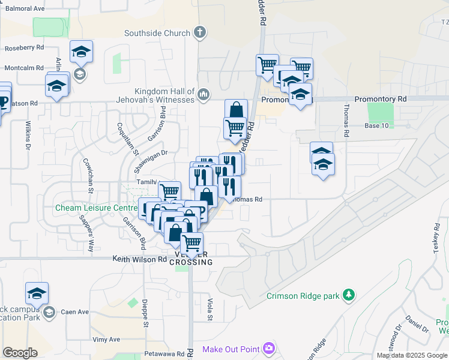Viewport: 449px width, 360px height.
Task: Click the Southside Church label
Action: (157, 33)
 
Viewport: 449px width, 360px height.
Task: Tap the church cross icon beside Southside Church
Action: (200, 32)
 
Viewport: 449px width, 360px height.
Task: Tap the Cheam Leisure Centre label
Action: (96, 208)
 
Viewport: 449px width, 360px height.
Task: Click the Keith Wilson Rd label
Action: (140, 259)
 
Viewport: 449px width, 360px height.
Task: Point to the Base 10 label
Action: (377, 125)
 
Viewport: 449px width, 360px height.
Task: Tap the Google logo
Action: (20, 353)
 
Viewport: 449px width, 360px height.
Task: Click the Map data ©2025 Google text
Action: (411, 355)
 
